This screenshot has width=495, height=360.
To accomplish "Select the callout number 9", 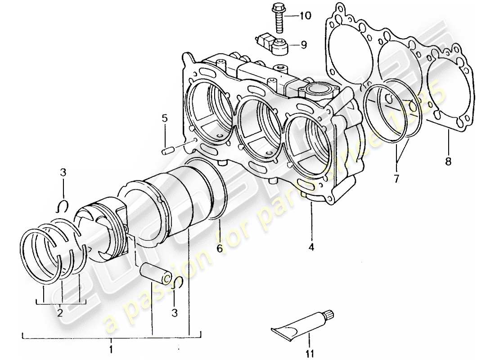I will coord(304,45).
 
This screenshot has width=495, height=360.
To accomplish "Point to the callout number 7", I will coord(396,179).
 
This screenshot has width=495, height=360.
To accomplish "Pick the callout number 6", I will coord(220,248).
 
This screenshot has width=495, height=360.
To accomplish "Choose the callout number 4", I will coord(311,247).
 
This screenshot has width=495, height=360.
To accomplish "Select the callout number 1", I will coord(111,349).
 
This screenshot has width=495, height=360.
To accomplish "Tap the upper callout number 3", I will coord(63,172).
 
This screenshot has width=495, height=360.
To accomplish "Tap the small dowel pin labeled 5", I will coord(168,149).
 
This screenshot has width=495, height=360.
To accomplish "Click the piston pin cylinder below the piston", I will coord(156,275).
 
